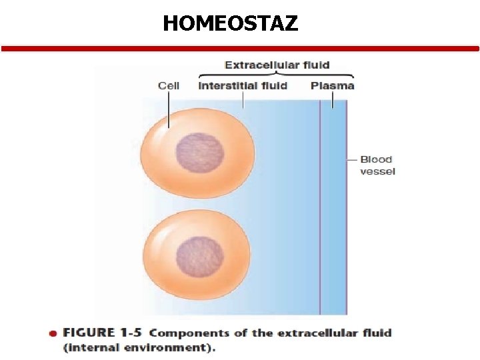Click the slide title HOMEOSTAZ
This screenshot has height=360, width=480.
click(231, 24)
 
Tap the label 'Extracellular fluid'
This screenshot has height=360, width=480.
click(277, 65)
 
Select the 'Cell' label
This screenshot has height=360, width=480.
click(169, 85)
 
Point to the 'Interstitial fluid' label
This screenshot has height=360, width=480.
click(243, 85)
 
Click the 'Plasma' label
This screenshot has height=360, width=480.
click(332, 85)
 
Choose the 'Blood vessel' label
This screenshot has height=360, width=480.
click(377, 165)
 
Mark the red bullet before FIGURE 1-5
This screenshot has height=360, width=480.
click(52, 333)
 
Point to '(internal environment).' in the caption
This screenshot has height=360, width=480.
click(139, 347)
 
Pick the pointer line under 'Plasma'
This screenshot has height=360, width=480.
click(333, 99)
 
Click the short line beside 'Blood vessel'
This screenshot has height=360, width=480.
click(352, 159)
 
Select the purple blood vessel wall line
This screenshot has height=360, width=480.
click(320, 213)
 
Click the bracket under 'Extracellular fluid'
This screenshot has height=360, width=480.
click(277, 75)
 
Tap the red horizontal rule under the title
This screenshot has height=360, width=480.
click(240, 49)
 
